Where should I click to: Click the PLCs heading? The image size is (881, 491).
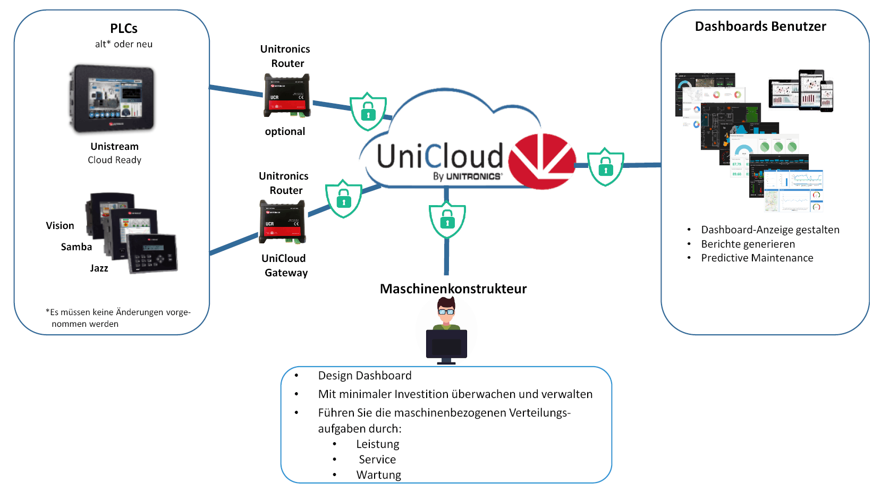click(124, 29)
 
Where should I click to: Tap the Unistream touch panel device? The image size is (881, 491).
click(112, 99)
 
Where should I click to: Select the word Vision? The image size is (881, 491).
click(60, 226)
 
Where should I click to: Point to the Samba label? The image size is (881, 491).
click(77, 247)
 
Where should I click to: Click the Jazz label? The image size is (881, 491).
click(99, 268)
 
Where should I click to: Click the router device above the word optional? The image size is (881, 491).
click(287, 96)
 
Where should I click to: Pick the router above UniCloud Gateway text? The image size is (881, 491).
click(282, 222)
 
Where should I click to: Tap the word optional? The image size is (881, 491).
click(285, 132)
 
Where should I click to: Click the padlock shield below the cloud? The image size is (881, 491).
click(447, 219)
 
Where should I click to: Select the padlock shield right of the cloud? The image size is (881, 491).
click(605, 167)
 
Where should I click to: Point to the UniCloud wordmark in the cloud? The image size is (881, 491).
click(439, 157)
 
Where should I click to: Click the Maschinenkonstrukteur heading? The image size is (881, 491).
click(453, 289)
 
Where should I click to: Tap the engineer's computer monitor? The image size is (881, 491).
click(446, 345)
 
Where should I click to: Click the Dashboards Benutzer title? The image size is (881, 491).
click(760, 27)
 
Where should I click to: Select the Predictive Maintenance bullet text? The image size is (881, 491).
click(757, 258)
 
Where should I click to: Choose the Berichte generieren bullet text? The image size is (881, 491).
click(748, 244)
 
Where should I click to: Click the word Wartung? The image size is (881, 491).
click(379, 475)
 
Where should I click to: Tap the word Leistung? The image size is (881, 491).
click(378, 444)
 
